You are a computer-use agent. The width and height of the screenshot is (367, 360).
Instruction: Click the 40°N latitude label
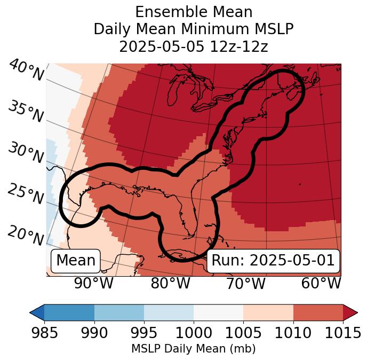tap(26, 71)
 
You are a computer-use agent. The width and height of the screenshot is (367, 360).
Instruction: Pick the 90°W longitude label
tap(93, 284)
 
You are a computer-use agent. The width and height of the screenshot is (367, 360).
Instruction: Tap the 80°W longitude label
tap(170, 284)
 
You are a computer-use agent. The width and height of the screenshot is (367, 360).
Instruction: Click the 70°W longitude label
tap(245, 284)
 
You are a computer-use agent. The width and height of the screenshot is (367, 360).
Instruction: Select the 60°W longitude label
tap(321, 284)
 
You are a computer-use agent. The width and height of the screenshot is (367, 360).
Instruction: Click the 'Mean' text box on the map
tap(76, 261)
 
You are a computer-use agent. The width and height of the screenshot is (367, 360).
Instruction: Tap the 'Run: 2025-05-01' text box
tap(273, 261)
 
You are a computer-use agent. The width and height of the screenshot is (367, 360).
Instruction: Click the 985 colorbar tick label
tap(44, 333)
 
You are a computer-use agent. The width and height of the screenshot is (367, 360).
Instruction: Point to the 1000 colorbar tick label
tap(194, 333)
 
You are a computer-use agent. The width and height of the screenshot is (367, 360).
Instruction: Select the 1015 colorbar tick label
tap(342, 333)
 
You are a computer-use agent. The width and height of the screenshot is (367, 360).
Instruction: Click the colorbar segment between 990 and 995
tap(119, 312)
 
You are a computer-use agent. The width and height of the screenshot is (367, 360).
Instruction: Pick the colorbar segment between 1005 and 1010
tap(268, 312)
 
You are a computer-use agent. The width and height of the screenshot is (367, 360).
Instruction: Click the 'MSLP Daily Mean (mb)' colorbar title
tap(193, 349)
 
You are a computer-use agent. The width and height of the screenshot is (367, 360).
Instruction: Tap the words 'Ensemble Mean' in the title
tap(194, 12)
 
